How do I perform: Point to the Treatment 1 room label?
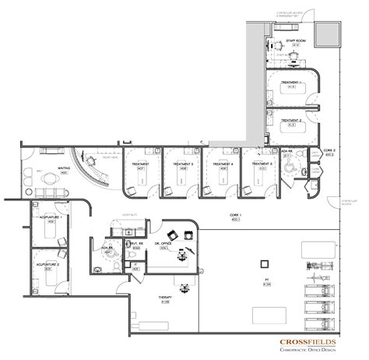pos(291,83)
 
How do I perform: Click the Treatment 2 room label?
pos(291,121)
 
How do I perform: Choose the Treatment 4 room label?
pos(223,164)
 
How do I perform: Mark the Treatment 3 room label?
pos(183,164)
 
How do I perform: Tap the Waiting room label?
pos(64,167)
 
